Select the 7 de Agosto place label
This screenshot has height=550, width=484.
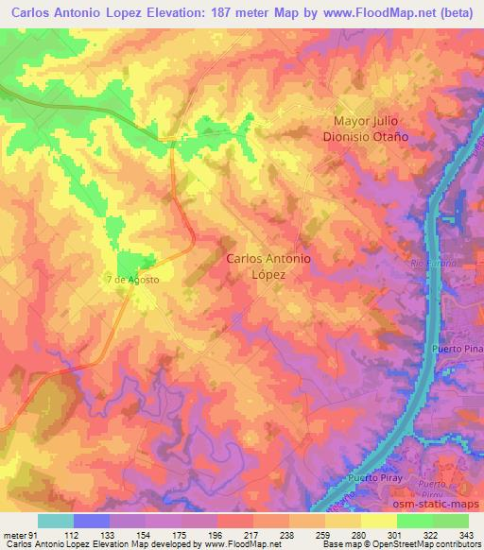(x=132, y=281)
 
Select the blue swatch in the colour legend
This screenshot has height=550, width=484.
(x=92, y=522)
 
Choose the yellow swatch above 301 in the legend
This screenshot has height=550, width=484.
(x=379, y=522)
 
